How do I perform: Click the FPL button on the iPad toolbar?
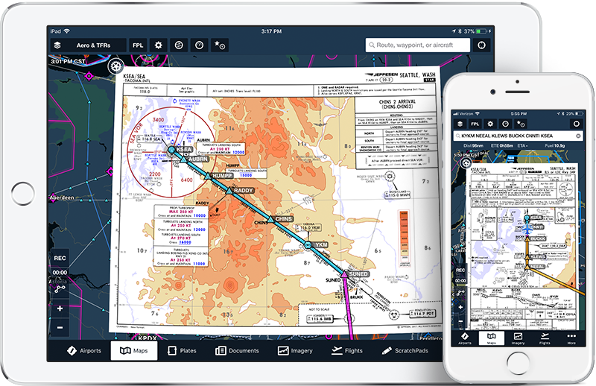tap(138, 45)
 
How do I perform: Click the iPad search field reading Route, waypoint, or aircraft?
tap(418, 45)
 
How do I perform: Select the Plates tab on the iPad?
tap(183, 350)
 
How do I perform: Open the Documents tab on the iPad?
tap(237, 350)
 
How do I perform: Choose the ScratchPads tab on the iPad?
tap(406, 350)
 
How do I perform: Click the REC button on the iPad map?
tap(60, 259)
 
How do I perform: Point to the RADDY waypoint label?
tap(242, 191)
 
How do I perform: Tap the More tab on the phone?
tap(571, 339)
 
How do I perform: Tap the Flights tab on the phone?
tap(545, 339)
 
